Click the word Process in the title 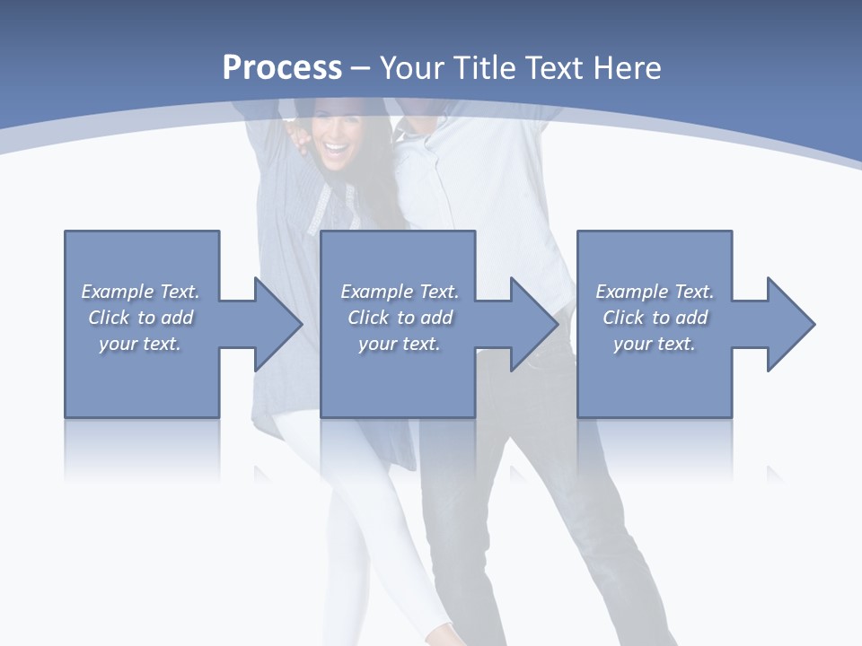tap(282, 67)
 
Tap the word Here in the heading tap(628, 67)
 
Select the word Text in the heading tap(556, 67)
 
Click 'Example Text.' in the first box tap(141, 292)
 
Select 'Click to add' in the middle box tap(400, 318)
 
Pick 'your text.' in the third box tap(655, 344)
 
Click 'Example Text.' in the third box tap(655, 292)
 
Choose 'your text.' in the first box tap(141, 344)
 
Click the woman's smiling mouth tap(335, 145)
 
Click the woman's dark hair tap(368, 135)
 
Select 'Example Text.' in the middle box tap(400, 292)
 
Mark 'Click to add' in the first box tap(141, 318)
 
